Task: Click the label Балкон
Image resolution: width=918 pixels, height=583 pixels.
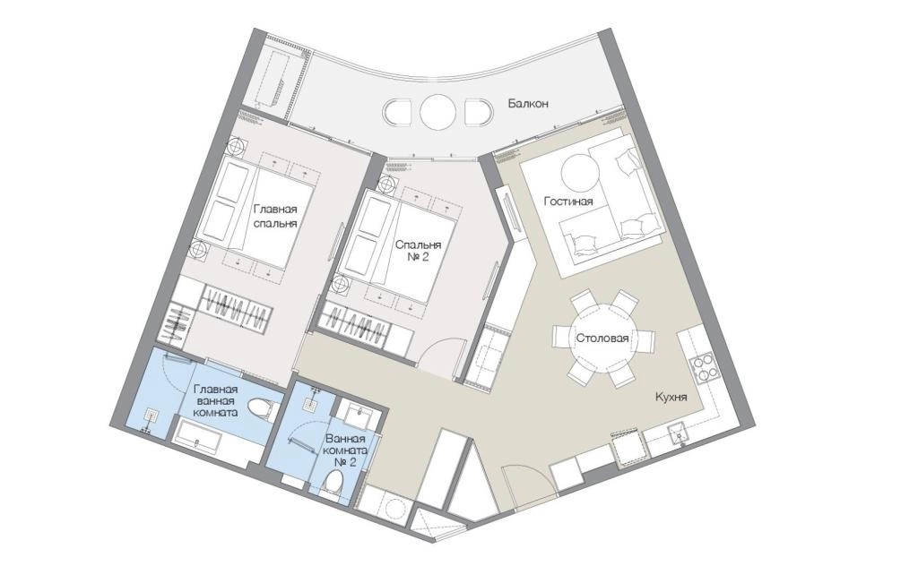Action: click(528, 104)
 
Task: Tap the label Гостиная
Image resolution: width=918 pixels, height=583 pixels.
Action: click(567, 201)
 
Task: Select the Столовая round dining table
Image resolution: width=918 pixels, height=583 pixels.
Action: click(603, 339)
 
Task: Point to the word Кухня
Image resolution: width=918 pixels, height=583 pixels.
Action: click(671, 398)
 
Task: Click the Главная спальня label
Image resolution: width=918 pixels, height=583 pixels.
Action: click(275, 217)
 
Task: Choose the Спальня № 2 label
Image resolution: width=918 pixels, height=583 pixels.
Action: click(418, 251)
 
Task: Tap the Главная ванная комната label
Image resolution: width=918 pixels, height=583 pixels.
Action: click(215, 401)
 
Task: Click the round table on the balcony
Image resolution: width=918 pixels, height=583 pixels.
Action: click(437, 111)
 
